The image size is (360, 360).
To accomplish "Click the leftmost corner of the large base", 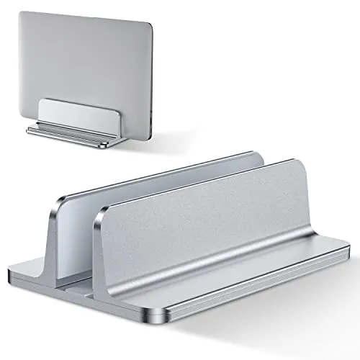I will point(12,275).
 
